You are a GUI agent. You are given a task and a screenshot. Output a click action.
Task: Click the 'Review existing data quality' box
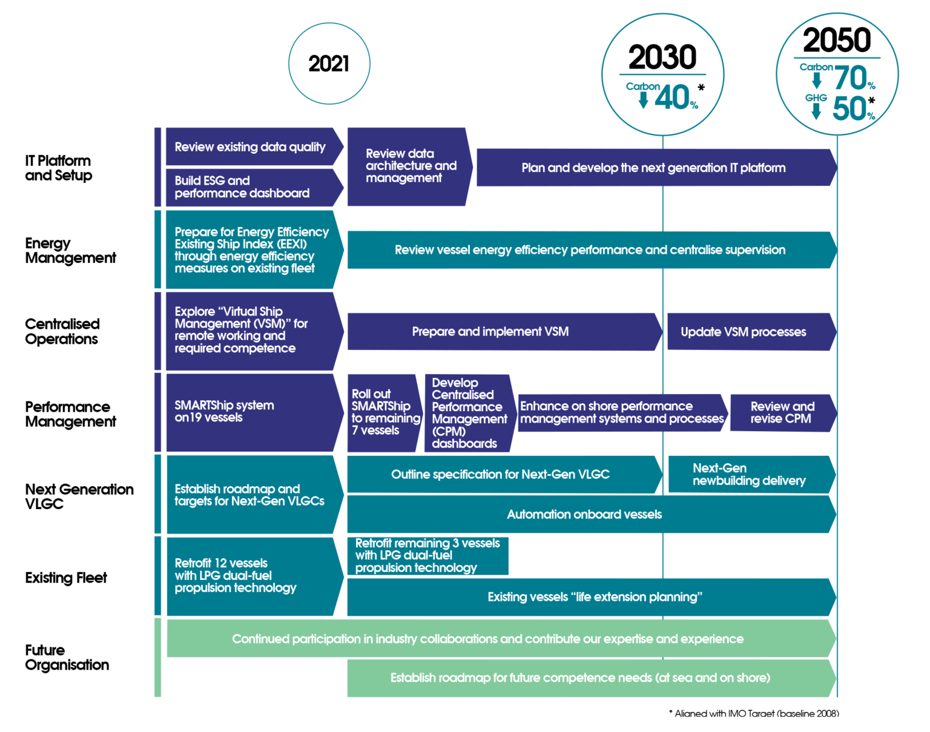[250, 147]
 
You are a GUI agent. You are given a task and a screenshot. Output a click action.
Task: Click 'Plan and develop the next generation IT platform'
[654, 168]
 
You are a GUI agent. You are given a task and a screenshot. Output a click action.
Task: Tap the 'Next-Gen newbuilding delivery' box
[749, 475]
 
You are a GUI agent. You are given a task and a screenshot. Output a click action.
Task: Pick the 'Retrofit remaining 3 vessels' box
[427, 556]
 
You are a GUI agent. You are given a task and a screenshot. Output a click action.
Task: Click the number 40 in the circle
[672, 97]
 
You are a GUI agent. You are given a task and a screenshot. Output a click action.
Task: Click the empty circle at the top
[329, 63]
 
